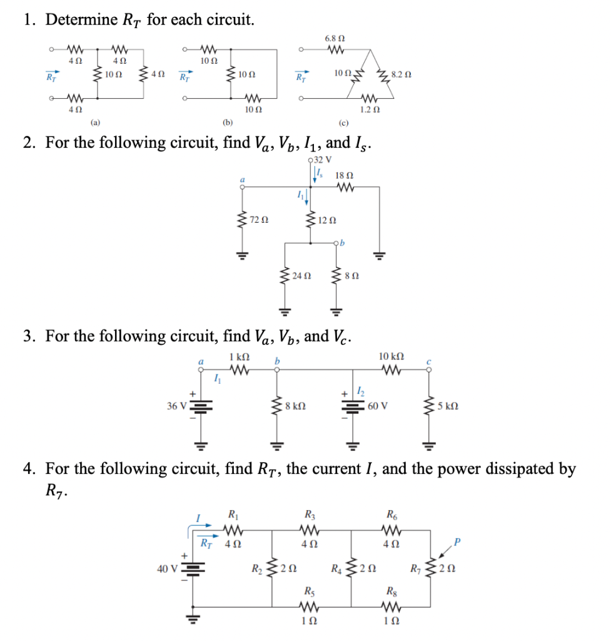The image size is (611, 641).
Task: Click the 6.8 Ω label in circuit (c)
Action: click(x=333, y=39)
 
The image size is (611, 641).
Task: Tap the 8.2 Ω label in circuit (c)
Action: click(x=400, y=74)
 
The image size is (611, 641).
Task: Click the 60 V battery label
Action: click(x=378, y=405)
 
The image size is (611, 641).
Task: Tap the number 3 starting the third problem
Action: click(x=28, y=337)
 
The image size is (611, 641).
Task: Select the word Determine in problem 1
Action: click(x=81, y=20)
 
